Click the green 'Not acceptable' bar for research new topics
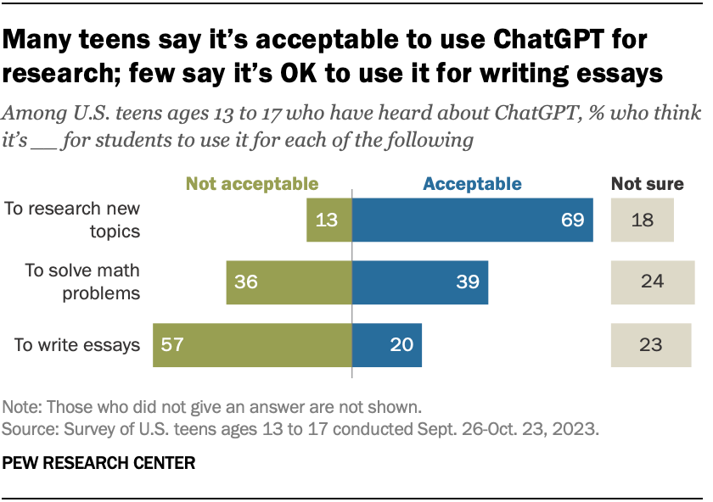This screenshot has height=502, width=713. pos(329,220)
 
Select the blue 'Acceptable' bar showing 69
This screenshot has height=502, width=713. pos(472,220)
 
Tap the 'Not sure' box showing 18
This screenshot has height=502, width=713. pos(642,220)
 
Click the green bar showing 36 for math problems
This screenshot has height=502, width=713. pos(289,282)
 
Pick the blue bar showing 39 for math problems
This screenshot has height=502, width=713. pos(420,282)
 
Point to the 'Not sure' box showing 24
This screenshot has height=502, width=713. pos(652,282)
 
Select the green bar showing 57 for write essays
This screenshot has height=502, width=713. pos(252,345)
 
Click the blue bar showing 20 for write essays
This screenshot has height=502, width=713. pos(387,345)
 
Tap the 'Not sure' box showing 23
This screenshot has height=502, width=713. pos(652,345)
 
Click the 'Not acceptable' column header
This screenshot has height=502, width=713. pos(252,183)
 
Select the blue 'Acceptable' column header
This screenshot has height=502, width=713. pos(472,183)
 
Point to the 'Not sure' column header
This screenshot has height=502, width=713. pos(648,183)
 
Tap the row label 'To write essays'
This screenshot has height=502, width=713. pos(77,345)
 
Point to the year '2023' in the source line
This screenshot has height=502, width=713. pos(577,429)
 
